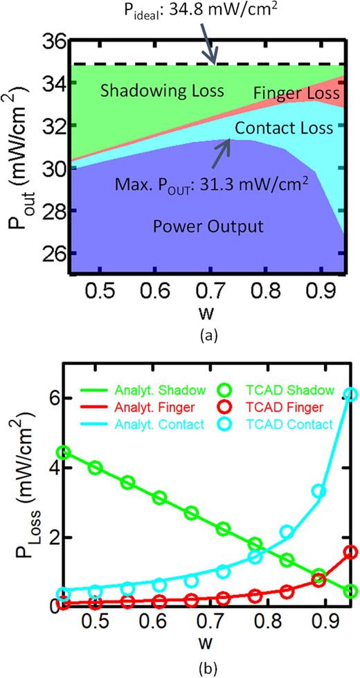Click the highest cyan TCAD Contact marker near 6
(351, 394)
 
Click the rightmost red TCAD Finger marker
(351, 552)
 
